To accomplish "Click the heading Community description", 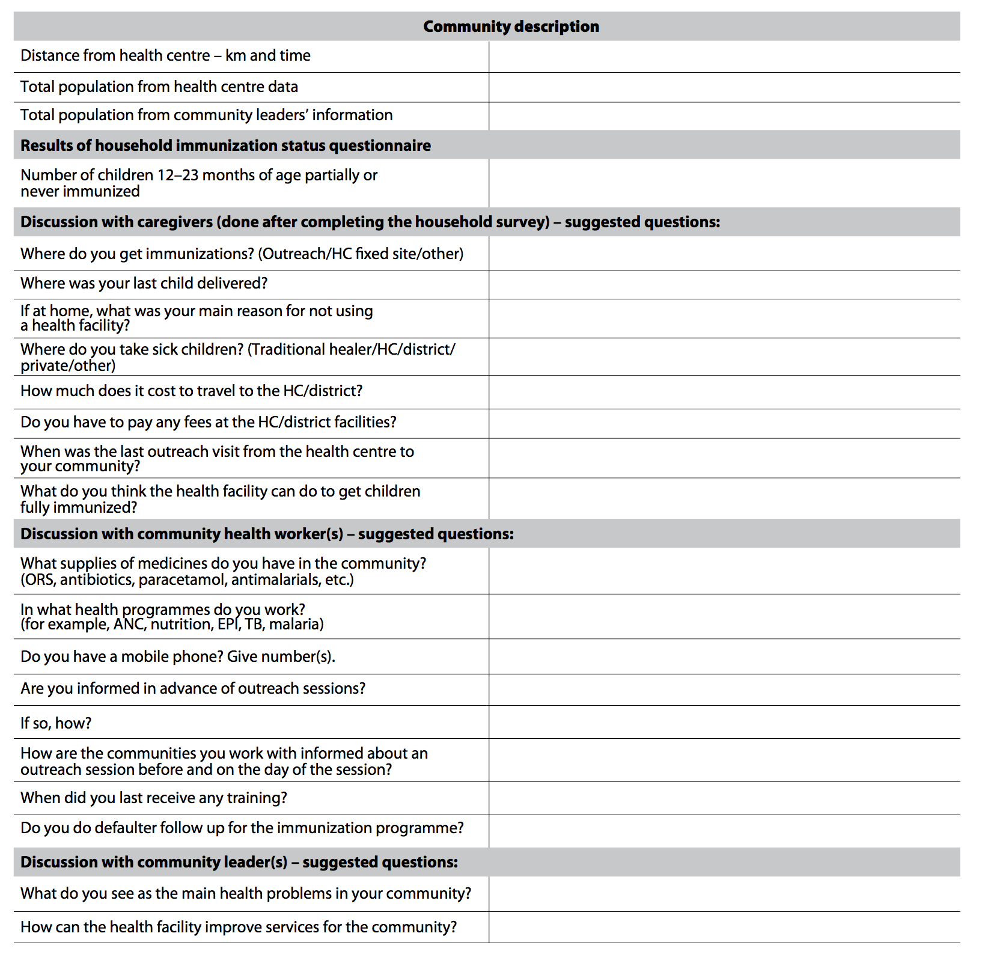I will tap(511, 26).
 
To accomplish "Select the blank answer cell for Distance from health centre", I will tap(724, 57).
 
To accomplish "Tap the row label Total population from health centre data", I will tap(159, 87).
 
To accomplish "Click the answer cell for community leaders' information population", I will tap(724, 115).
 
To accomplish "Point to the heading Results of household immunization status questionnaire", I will tap(225, 145).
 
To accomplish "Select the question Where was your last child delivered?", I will tap(144, 283).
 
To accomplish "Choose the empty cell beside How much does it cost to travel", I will tap(724, 392).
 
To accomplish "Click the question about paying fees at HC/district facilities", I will tap(209, 422).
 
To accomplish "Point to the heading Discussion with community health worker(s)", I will tap(267, 534).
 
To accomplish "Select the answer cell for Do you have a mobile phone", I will tap(724, 656).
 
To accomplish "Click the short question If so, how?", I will tap(56, 723).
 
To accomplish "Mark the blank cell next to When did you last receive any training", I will tap(724, 798).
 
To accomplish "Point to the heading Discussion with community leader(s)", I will tap(239, 862).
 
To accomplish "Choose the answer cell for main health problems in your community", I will tap(724, 894).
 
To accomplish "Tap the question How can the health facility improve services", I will tap(239, 927).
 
